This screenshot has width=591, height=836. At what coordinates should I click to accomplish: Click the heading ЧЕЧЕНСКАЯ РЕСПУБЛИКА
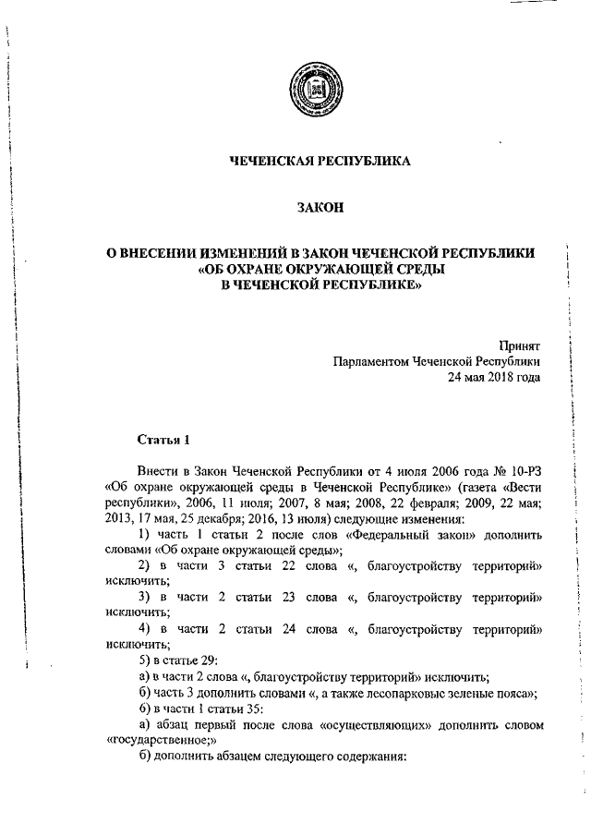[320, 161]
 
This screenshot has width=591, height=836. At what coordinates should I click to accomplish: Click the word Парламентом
[369, 361]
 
